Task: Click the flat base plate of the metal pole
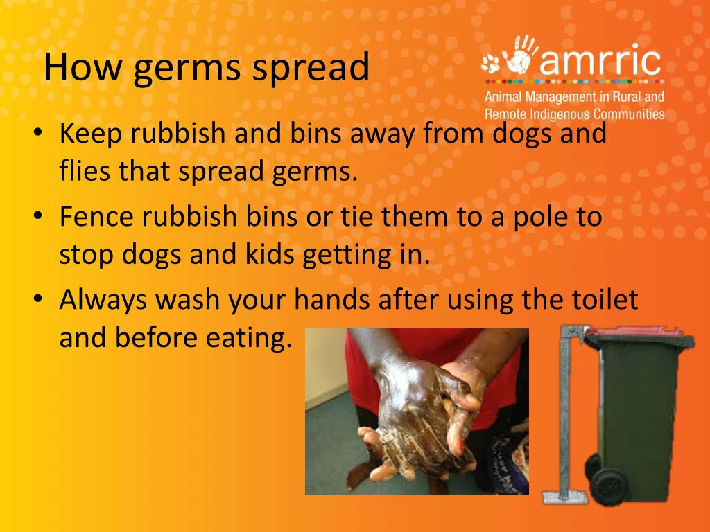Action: coord(564,496)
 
